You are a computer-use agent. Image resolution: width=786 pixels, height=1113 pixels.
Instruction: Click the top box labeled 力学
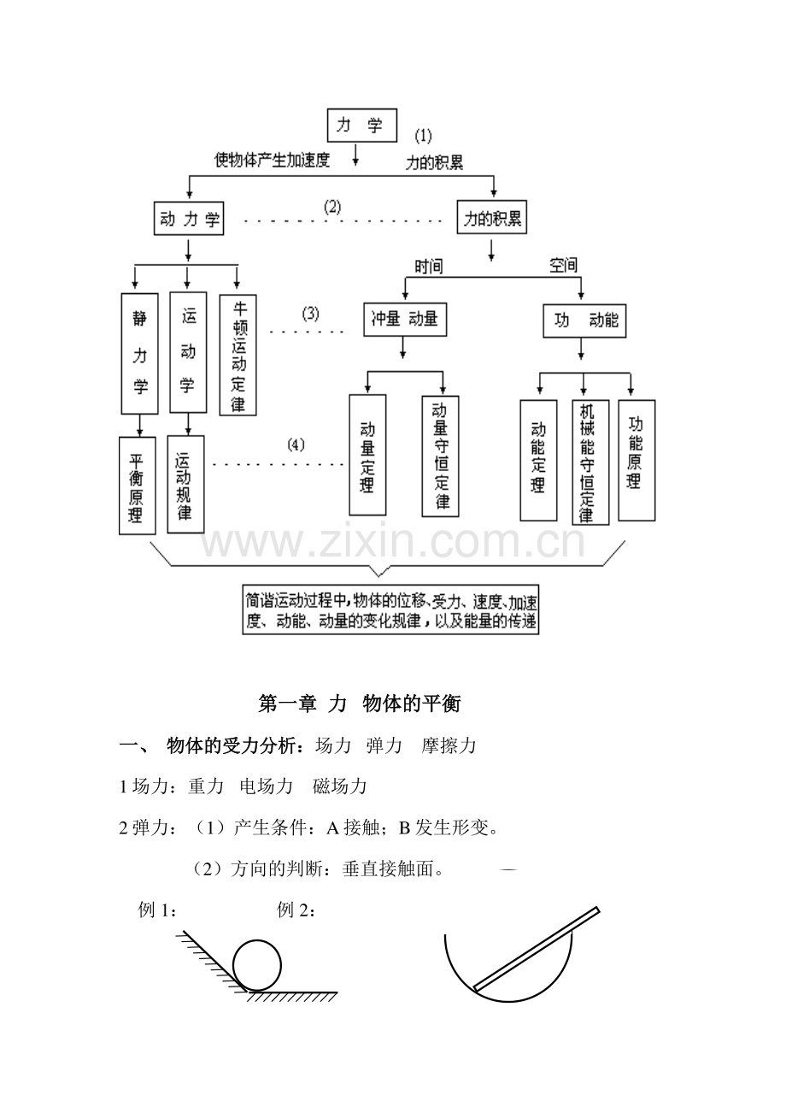pos(362,126)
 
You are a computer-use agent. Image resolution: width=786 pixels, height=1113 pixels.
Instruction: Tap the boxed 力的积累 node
pos(492,219)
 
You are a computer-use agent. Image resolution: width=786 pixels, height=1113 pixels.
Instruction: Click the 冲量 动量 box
pos(405,320)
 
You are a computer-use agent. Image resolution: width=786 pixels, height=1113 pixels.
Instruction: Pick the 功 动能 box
pos(584,321)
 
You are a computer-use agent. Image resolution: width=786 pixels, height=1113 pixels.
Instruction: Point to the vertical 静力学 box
pos(140,353)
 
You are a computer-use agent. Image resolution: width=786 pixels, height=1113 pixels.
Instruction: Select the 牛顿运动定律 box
pos(238,355)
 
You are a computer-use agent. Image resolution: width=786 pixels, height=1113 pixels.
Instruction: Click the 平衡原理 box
pos(137,485)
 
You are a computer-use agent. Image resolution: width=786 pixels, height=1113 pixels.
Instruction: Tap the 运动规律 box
pos(185,485)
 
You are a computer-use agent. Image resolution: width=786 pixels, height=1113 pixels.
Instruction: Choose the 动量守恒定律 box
pos(440,456)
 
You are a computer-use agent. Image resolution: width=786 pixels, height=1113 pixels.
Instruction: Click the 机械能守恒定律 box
pos(589,462)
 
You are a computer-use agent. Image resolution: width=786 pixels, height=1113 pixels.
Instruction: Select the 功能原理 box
pos(636,460)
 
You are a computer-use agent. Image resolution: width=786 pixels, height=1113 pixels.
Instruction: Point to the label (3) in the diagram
pos(310,313)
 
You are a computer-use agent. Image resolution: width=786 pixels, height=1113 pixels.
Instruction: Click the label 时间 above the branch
pos(428,267)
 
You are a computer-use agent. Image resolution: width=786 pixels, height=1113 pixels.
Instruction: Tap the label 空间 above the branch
pos(563,266)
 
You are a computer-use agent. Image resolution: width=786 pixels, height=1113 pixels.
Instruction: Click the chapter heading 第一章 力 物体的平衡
pos(359,704)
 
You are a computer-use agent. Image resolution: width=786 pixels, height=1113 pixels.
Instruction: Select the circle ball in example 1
pos(256,965)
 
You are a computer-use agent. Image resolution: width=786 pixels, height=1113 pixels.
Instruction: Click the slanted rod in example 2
pos(537,949)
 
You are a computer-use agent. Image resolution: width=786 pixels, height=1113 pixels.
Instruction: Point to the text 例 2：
pos(296,910)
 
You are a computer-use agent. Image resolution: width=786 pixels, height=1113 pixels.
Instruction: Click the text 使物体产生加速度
pos(272,160)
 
